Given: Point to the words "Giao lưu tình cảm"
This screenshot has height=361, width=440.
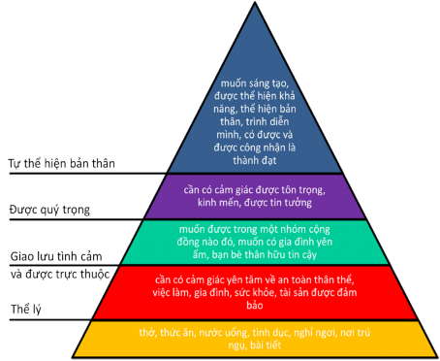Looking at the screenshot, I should (58, 256).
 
